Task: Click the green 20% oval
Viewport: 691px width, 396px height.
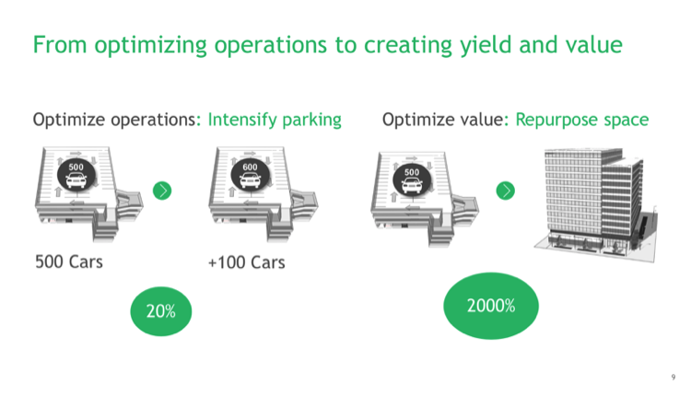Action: pyautogui.click(x=161, y=311)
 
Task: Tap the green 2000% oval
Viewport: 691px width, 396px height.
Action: pyautogui.click(x=491, y=306)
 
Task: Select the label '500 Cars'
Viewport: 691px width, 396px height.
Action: pyautogui.click(x=69, y=262)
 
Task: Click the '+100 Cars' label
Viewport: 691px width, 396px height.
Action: pyautogui.click(x=246, y=262)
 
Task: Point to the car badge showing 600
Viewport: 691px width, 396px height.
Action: pyautogui.click(x=250, y=174)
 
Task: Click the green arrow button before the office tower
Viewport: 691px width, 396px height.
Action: pyautogui.click(x=506, y=191)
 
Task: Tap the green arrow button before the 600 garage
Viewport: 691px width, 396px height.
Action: pyautogui.click(x=162, y=191)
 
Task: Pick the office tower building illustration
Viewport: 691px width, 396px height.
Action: pyautogui.click(x=595, y=204)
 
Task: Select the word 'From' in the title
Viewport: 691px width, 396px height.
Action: pyautogui.click(x=60, y=45)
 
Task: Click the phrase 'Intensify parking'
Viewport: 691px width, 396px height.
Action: pyautogui.click(x=275, y=120)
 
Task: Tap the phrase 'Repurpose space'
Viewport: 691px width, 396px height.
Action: pyautogui.click(x=582, y=120)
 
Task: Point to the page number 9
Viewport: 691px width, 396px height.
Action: pyautogui.click(x=673, y=377)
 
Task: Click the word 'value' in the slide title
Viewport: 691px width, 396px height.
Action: pyautogui.click(x=594, y=44)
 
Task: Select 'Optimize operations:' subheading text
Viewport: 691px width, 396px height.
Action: pyautogui.click(x=117, y=120)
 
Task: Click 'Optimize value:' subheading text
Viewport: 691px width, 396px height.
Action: pyautogui.click(x=446, y=120)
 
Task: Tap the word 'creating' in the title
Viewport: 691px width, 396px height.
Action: pyautogui.click(x=408, y=45)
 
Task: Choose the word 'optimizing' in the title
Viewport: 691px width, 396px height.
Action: pyautogui.click(x=151, y=45)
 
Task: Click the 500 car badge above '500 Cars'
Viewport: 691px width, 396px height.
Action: pyautogui.click(x=76, y=174)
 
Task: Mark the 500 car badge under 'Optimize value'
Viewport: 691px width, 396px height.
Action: pyautogui.click(x=412, y=180)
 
